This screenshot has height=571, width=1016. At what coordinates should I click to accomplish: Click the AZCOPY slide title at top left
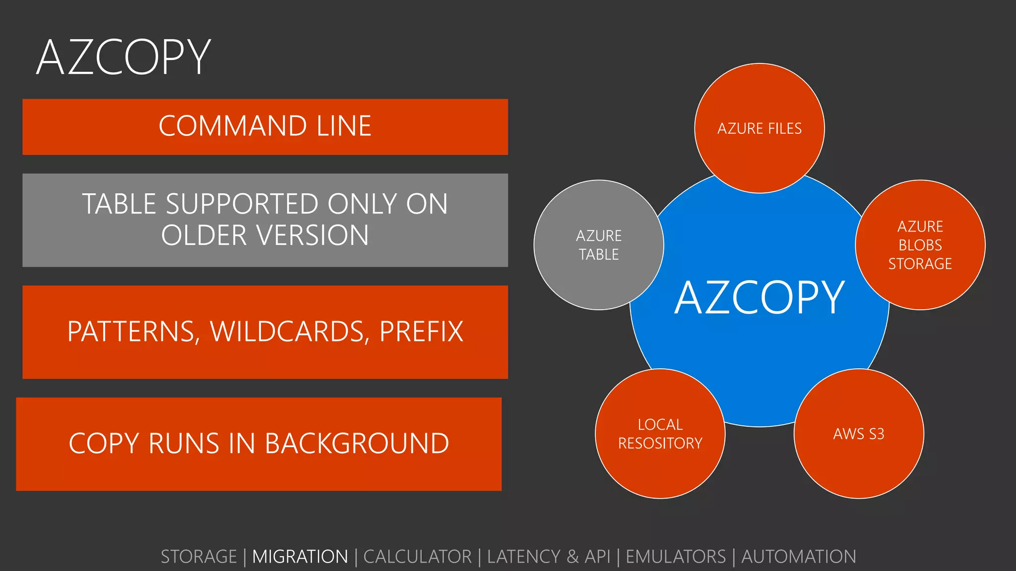point(124,57)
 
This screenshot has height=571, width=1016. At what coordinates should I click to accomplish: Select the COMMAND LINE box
point(265,126)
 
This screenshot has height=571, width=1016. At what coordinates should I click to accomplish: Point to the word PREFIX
point(421,332)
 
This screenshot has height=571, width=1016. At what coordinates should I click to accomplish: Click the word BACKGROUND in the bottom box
point(357,444)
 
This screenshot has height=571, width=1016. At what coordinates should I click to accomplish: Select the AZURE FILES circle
point(759,128)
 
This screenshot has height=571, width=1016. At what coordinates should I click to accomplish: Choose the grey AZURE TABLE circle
point(599,245)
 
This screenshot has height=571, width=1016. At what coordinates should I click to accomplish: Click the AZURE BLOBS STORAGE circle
point(920,245)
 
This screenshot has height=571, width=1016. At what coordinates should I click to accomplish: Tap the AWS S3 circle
point(859,434)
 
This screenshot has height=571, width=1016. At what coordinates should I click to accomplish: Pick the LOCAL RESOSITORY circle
point(660,434)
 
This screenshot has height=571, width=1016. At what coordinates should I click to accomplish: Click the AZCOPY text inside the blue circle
point(759,298)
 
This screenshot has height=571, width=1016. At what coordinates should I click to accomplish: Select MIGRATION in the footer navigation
point(300,557)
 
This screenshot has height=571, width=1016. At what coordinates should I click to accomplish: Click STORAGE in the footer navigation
point(199,557)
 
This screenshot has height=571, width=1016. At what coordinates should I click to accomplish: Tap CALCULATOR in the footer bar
point(417,557)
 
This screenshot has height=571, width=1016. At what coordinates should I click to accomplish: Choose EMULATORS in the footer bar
point(675,557)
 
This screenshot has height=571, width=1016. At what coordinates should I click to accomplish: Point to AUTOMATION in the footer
point(798,557)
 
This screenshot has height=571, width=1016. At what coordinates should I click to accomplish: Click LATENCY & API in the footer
point(548,557)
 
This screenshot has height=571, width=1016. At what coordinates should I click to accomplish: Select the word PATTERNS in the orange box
point(130,332)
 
